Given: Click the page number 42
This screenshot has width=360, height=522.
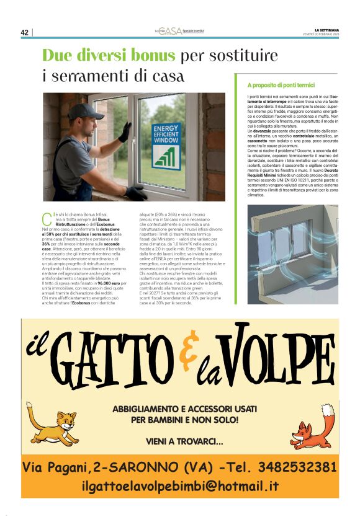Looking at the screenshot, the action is (x=25, y=32).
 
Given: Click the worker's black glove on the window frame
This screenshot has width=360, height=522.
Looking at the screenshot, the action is (x=125, y=131).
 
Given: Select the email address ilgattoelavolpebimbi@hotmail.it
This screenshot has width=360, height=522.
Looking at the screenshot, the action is (x=180, y=486).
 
